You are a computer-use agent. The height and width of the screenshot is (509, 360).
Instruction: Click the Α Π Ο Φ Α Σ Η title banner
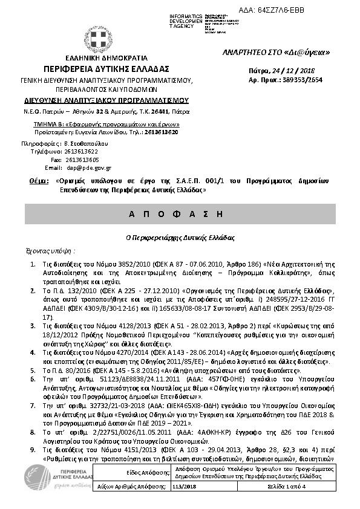(180, 215)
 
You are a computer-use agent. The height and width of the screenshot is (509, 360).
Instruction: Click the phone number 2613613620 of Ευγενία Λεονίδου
(160, 131)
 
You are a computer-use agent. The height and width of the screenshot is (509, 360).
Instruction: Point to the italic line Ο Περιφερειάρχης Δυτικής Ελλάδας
(180, 238)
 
